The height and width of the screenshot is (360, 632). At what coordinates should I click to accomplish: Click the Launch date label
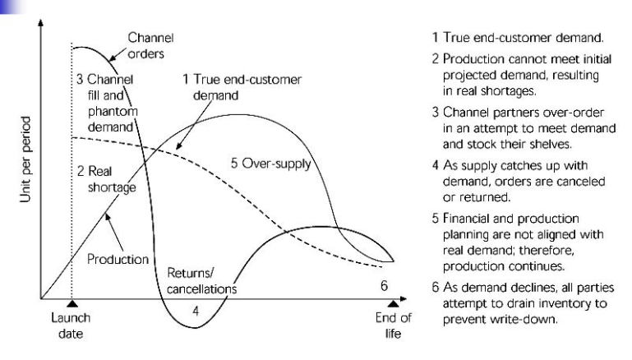click(x=71, y=325)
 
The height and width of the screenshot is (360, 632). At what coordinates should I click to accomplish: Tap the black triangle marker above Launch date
click(x=72, y=303)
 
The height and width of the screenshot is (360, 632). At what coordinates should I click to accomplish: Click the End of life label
click(x=393, y=325)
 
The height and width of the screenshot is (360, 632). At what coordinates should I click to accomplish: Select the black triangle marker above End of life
click(x=393, y=303)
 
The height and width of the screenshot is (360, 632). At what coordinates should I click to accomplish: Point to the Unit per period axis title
click(x=25, y=159)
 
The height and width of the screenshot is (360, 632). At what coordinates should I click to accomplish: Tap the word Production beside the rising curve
click(x=118, y=259)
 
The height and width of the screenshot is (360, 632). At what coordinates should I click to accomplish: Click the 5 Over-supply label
click(x=271, y=164)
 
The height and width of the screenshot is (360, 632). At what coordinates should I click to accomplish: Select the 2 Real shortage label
click(x=106, y=179)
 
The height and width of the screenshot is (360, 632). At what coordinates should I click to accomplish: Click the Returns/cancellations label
click(x=201, y=280)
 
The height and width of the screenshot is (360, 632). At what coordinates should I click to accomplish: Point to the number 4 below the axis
click(x=196, y=312)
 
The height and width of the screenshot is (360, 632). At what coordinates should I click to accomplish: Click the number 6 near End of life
click(x=384, y=286)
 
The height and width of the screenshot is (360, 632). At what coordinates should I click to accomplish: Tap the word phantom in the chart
click(x=113, y=112)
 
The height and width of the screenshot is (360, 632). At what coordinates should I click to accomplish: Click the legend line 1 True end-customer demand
click(x=518, y=38)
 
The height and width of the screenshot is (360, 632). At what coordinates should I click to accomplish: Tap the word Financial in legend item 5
click(x=466, y=218)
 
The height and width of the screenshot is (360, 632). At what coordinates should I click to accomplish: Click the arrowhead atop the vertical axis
click(x=40, y=22)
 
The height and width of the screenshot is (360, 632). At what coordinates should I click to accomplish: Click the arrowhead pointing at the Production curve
click(x=107, y=217)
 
